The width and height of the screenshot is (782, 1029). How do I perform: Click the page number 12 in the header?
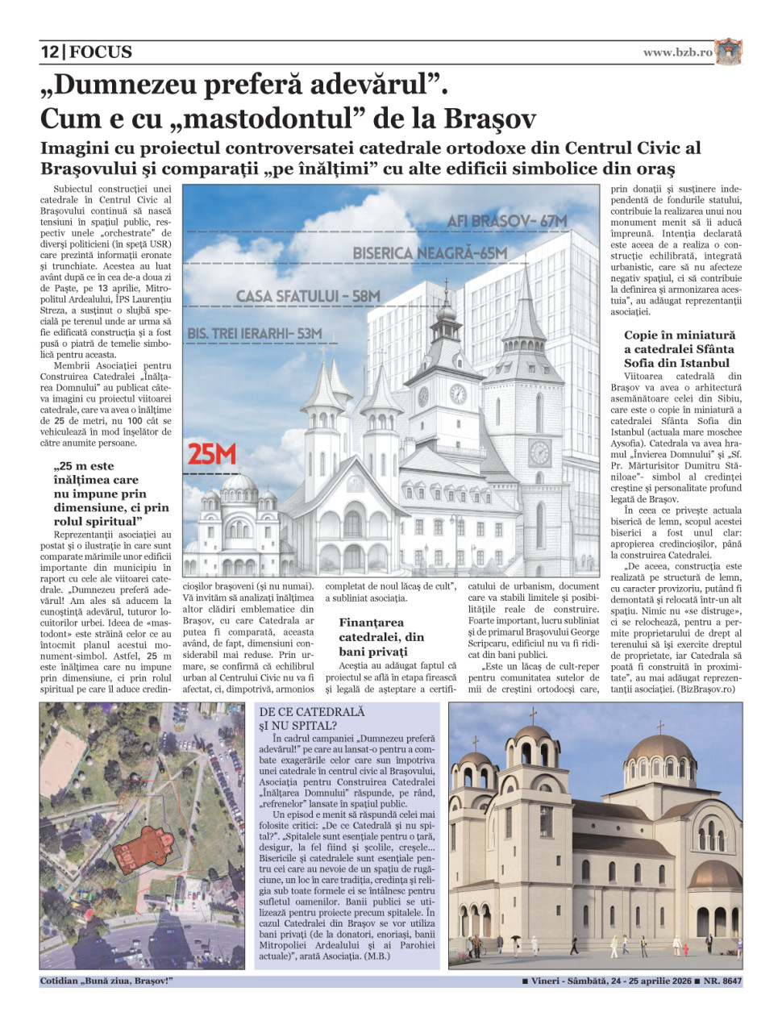click(49, 52)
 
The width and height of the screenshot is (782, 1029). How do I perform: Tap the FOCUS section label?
click(101, 52)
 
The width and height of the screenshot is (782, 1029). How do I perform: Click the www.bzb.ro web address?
click(677, 52)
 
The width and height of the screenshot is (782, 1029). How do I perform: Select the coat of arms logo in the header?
click(729, 52)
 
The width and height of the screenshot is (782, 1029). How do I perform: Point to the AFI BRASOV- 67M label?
click(506, 221)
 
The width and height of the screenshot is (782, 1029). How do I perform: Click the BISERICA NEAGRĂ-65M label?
click(430, 253)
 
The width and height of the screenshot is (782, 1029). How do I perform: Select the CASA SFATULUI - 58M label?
click(307, 297)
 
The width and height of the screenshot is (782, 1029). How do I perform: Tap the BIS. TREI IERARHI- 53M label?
click(255, 333)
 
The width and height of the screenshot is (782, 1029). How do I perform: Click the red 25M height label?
click(211, 455)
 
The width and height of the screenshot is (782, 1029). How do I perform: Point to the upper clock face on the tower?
click(457, 394)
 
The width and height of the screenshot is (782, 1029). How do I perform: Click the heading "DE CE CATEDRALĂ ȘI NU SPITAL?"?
click(313, 719)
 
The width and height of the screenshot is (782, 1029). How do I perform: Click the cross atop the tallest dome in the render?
click(659, 727)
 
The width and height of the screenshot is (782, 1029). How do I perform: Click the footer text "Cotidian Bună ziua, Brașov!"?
click(106, 981)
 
